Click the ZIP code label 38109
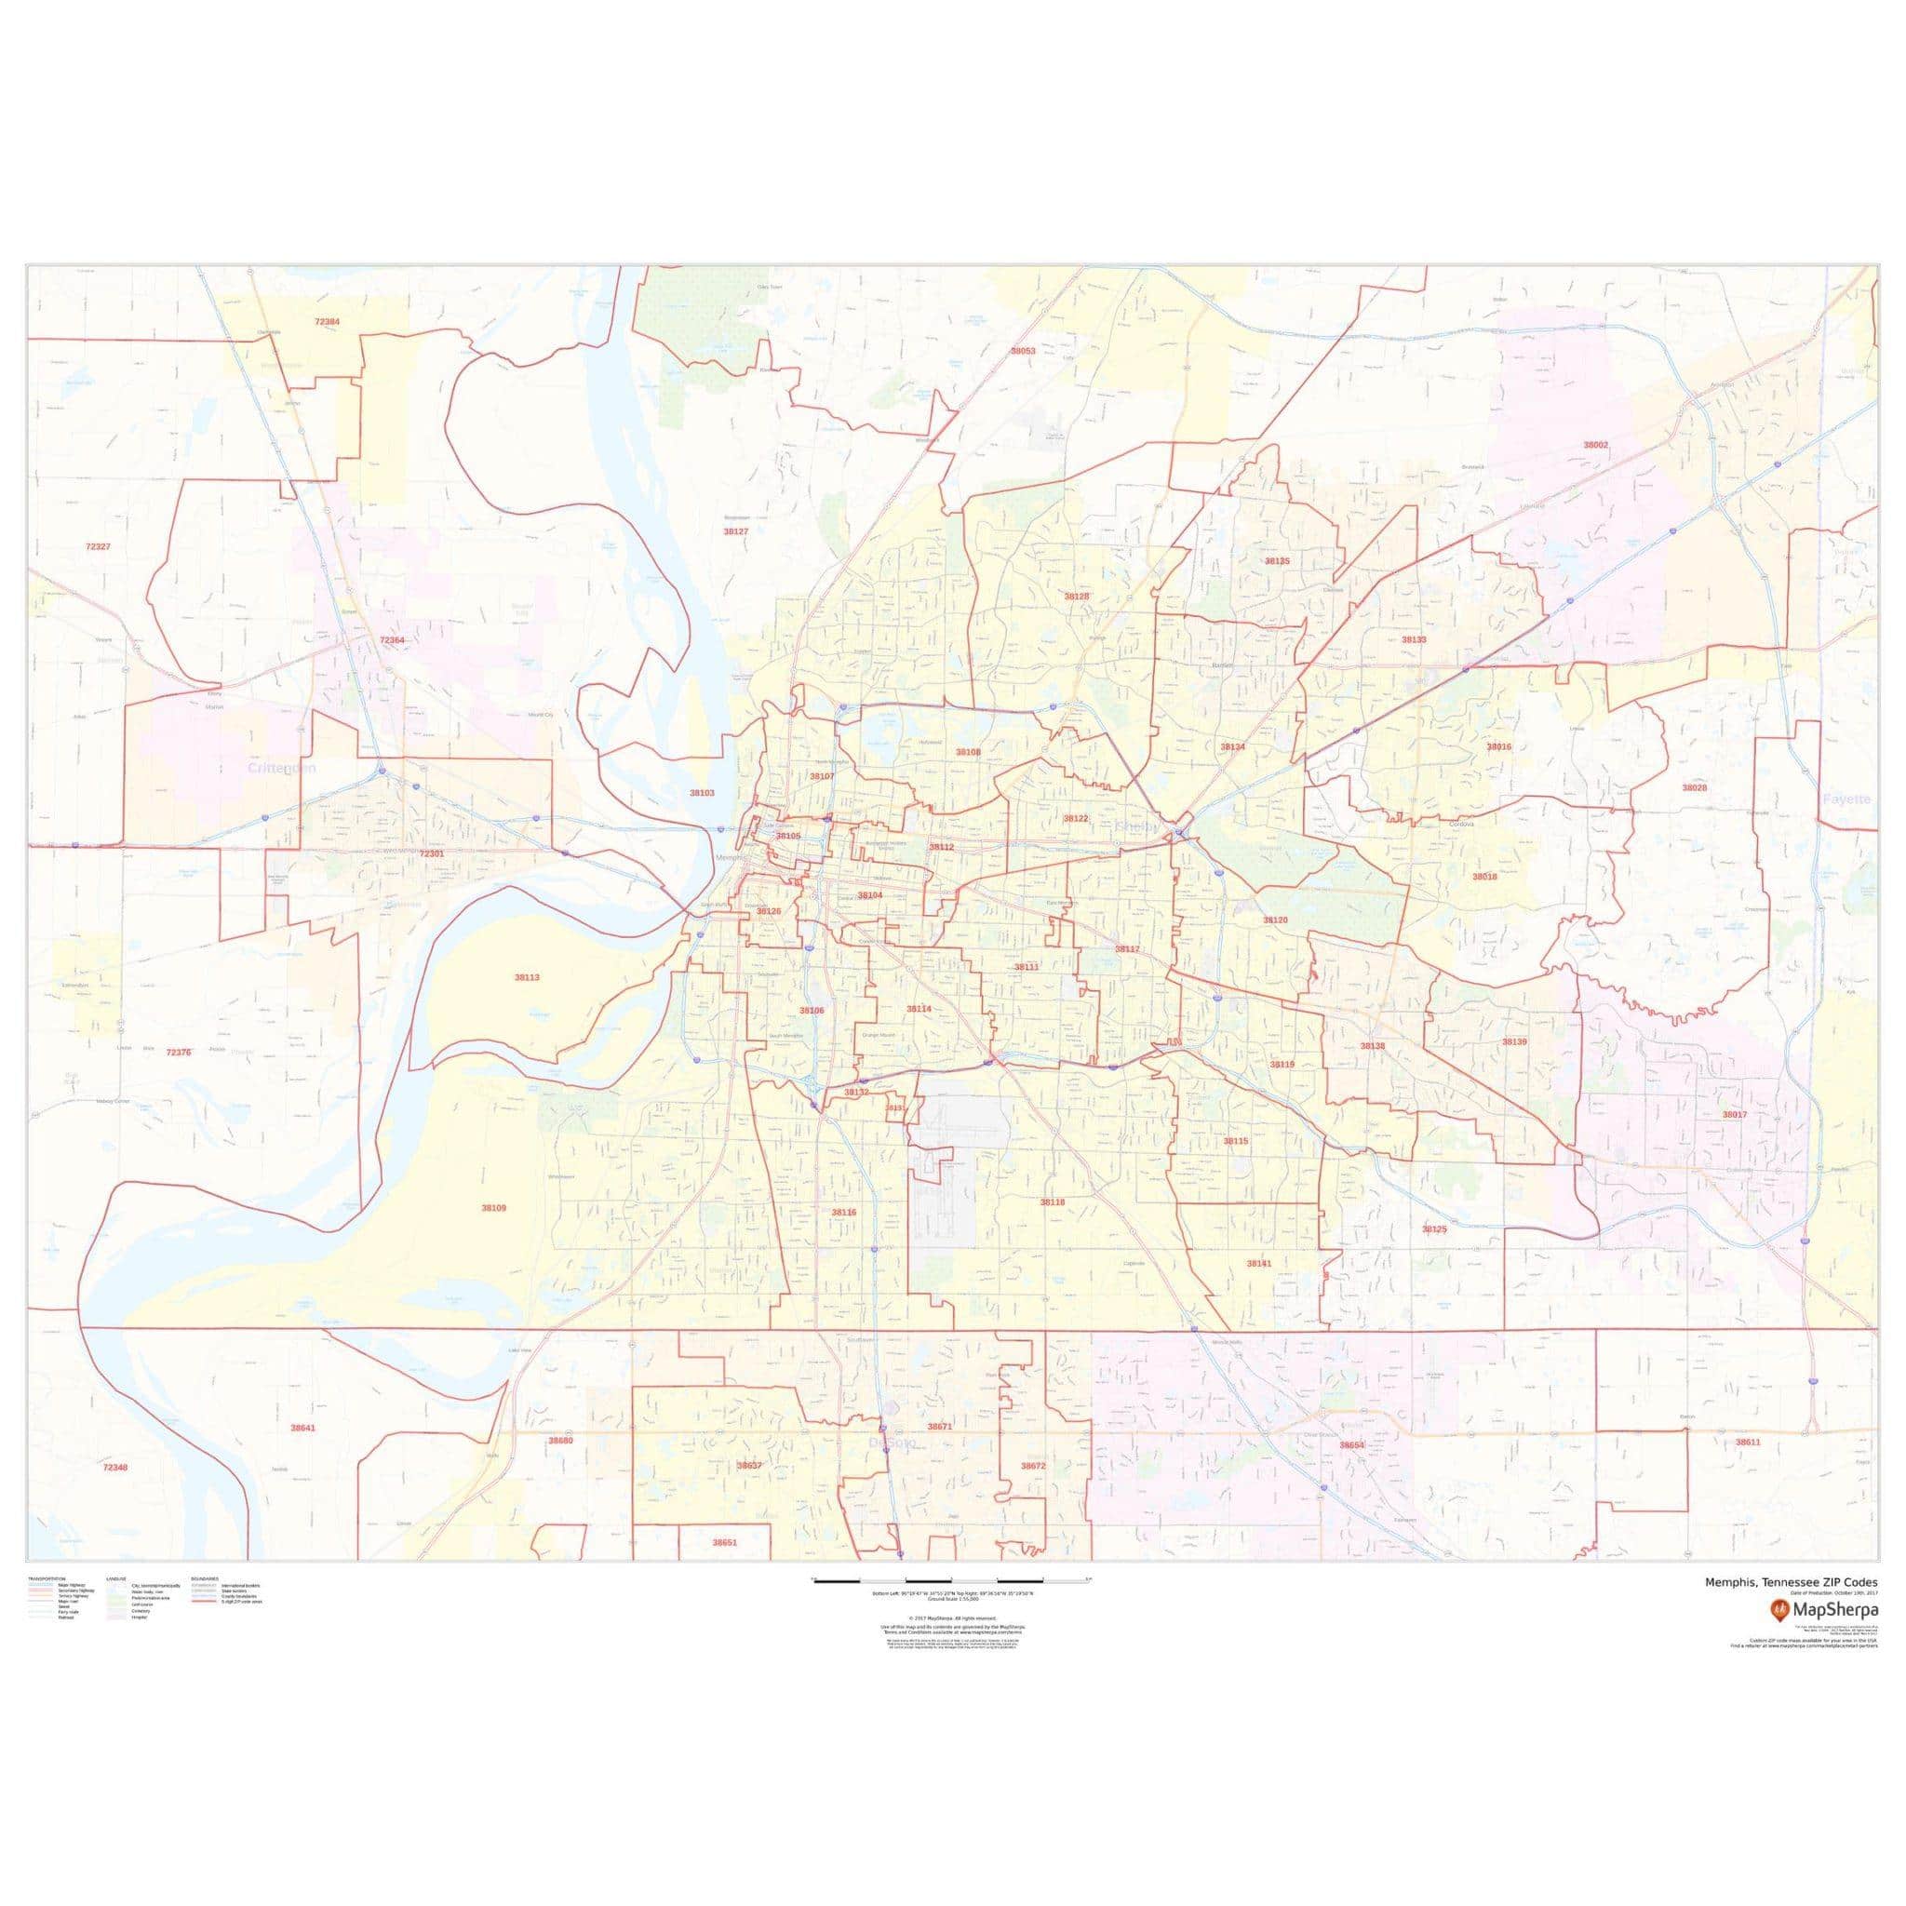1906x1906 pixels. click(x=493, y=1207)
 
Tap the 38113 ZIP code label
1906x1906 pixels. click(x=527, y=976)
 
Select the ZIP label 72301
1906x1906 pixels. click(x=431, y=853)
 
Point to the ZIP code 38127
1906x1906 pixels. click(x=736, y=530)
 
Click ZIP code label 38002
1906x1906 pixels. click(x=1595, y=445)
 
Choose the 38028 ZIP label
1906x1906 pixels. click(x=1694, y=788)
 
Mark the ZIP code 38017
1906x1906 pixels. click(x=1735, y=1114)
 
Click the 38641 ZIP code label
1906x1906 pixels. click(x=302, y=1428)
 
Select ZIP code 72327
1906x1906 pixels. click(x=98, y=545)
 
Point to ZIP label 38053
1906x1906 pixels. click(x=1022, y=350)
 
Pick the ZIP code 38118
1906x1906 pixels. click(x=1053, y=1201)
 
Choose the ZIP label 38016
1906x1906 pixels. click(x=1498, y=746)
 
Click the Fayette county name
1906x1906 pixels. click(x=1846, y=799)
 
